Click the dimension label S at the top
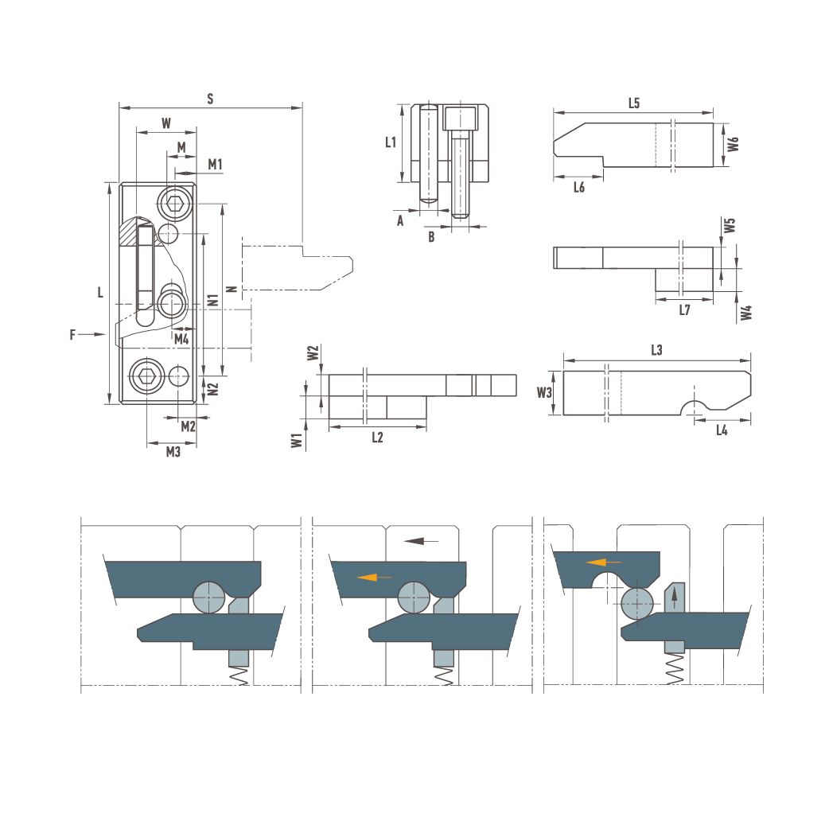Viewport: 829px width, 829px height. coord(210,99)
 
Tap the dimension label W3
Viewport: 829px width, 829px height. coord(544,392)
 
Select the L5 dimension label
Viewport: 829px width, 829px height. coord(634,103)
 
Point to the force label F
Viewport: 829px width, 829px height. coord(72,335)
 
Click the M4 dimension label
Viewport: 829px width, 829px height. coord(181,340)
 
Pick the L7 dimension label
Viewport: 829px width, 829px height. coord(684,309)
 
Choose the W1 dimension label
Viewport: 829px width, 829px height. coord(297,441)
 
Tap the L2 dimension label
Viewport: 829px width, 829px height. coord(377,438)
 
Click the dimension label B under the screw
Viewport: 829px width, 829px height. coord(431,237)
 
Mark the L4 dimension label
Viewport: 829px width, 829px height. coord(722,430)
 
